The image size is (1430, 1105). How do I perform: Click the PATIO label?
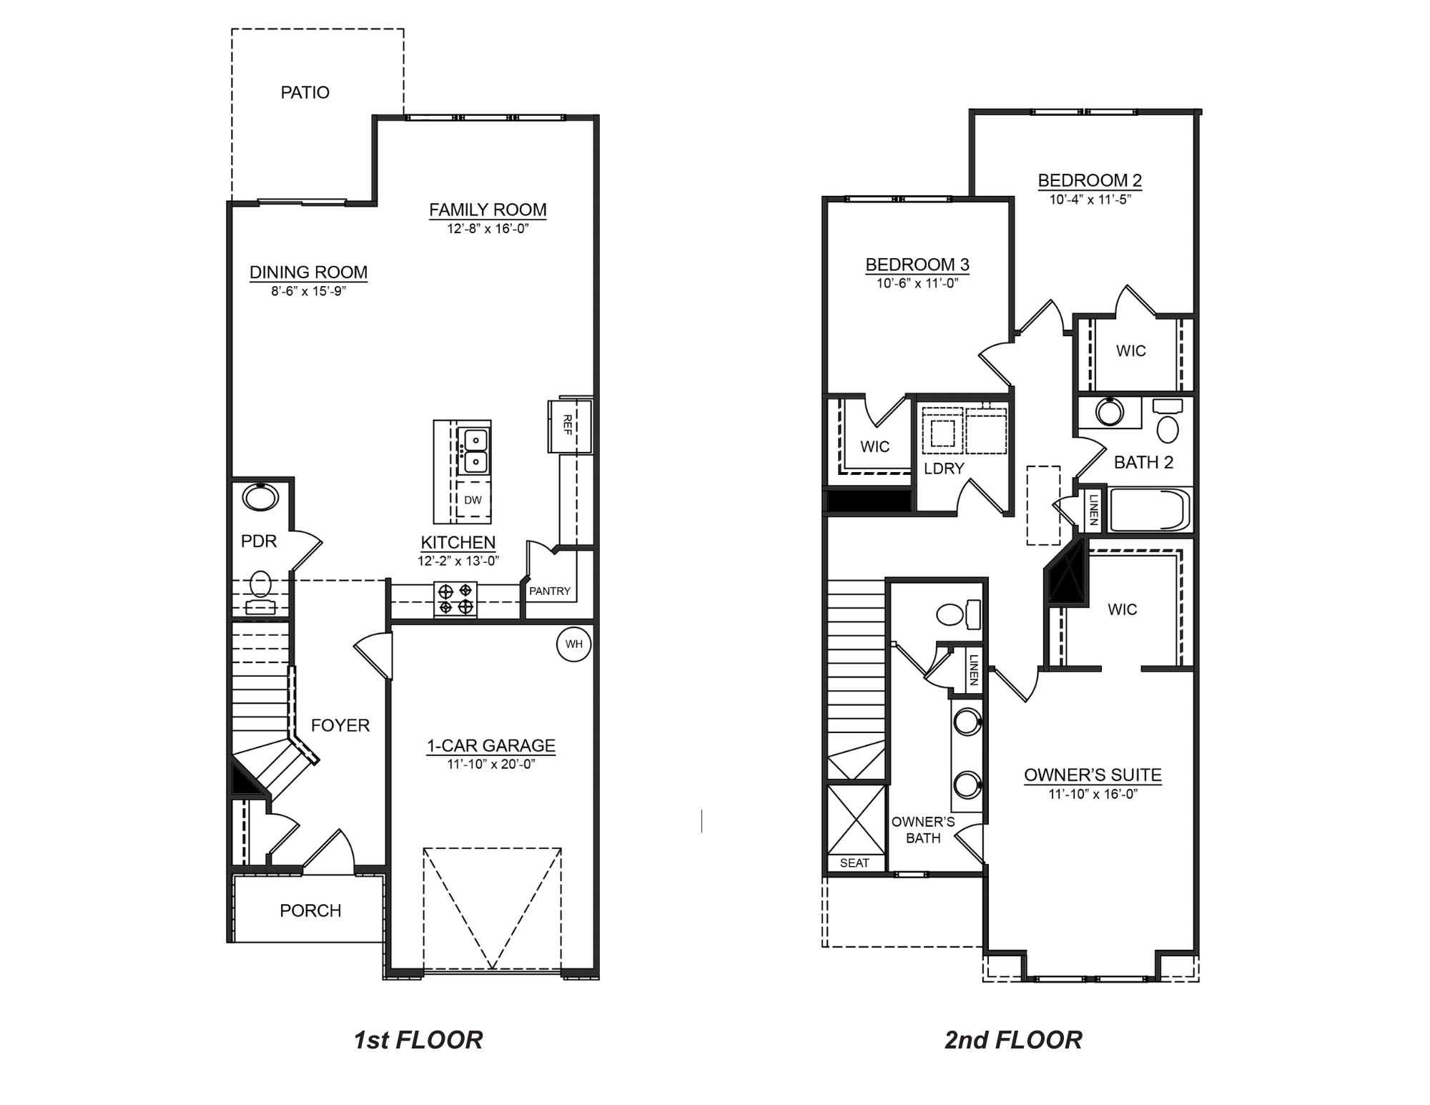(305, 92)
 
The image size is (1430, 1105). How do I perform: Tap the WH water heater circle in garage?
(574, 644)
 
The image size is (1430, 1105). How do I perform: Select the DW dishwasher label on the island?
(473, 501)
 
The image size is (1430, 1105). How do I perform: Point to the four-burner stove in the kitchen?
(455, 599)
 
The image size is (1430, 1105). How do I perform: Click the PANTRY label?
(549, 591)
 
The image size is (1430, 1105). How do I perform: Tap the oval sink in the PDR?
(260, 497)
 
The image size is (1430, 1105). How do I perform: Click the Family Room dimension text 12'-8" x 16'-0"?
(488, 229)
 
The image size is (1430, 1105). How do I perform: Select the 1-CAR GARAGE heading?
(491, 745)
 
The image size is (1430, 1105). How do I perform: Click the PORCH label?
(310, 910)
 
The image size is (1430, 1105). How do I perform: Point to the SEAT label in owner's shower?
(854, 863)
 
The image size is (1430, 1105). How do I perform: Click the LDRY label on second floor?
(944, 468)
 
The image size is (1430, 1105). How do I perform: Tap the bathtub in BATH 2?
(1150, 510)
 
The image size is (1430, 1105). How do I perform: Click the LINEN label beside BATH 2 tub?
(1093, 509)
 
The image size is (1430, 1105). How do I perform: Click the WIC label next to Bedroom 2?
(1130, 350)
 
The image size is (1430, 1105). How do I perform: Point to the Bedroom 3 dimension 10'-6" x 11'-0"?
(917, 283)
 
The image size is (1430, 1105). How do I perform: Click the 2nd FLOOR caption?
(1013, 1039)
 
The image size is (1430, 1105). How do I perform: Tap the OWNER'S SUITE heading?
(1093, 775)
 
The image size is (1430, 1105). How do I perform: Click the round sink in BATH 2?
(1109, 412)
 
